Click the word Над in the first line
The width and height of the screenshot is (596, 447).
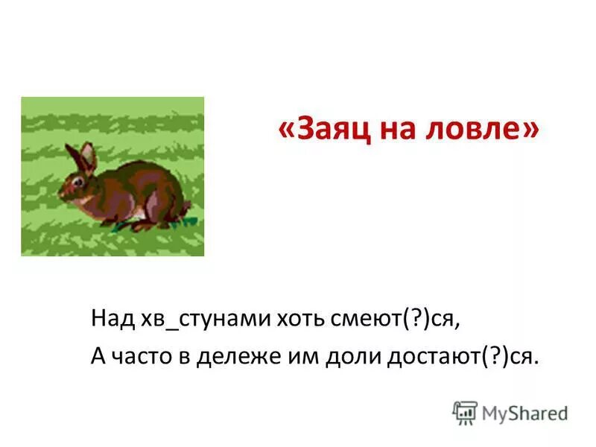(x=111, y=320)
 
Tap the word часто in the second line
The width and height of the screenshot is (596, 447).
(x=148, y=357)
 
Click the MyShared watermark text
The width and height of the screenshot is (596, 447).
(x=524, y=413)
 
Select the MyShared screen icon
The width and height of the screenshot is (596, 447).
(x=465, y=413)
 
